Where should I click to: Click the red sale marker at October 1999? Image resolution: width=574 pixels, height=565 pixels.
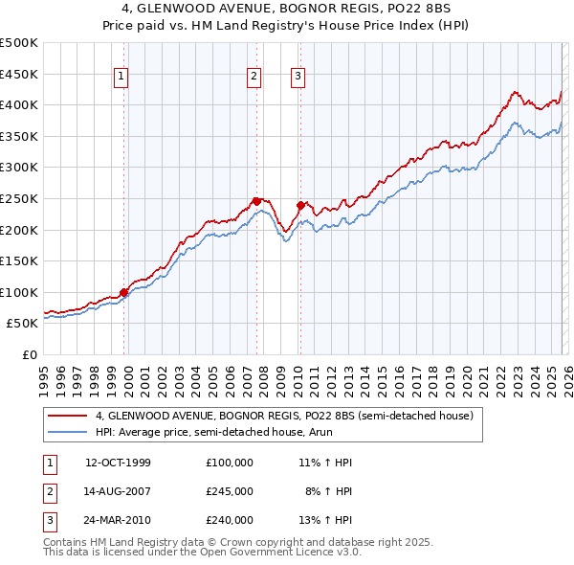point(124,292)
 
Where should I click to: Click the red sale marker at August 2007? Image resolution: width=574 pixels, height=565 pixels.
point(256,201)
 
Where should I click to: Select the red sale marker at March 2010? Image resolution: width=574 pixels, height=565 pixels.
point(300,205)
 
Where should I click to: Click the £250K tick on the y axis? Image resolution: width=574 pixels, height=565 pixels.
point(19,198)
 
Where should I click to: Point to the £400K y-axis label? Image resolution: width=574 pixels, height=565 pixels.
point(19,104)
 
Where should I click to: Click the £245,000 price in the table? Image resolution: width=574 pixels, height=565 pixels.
point(230,491)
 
